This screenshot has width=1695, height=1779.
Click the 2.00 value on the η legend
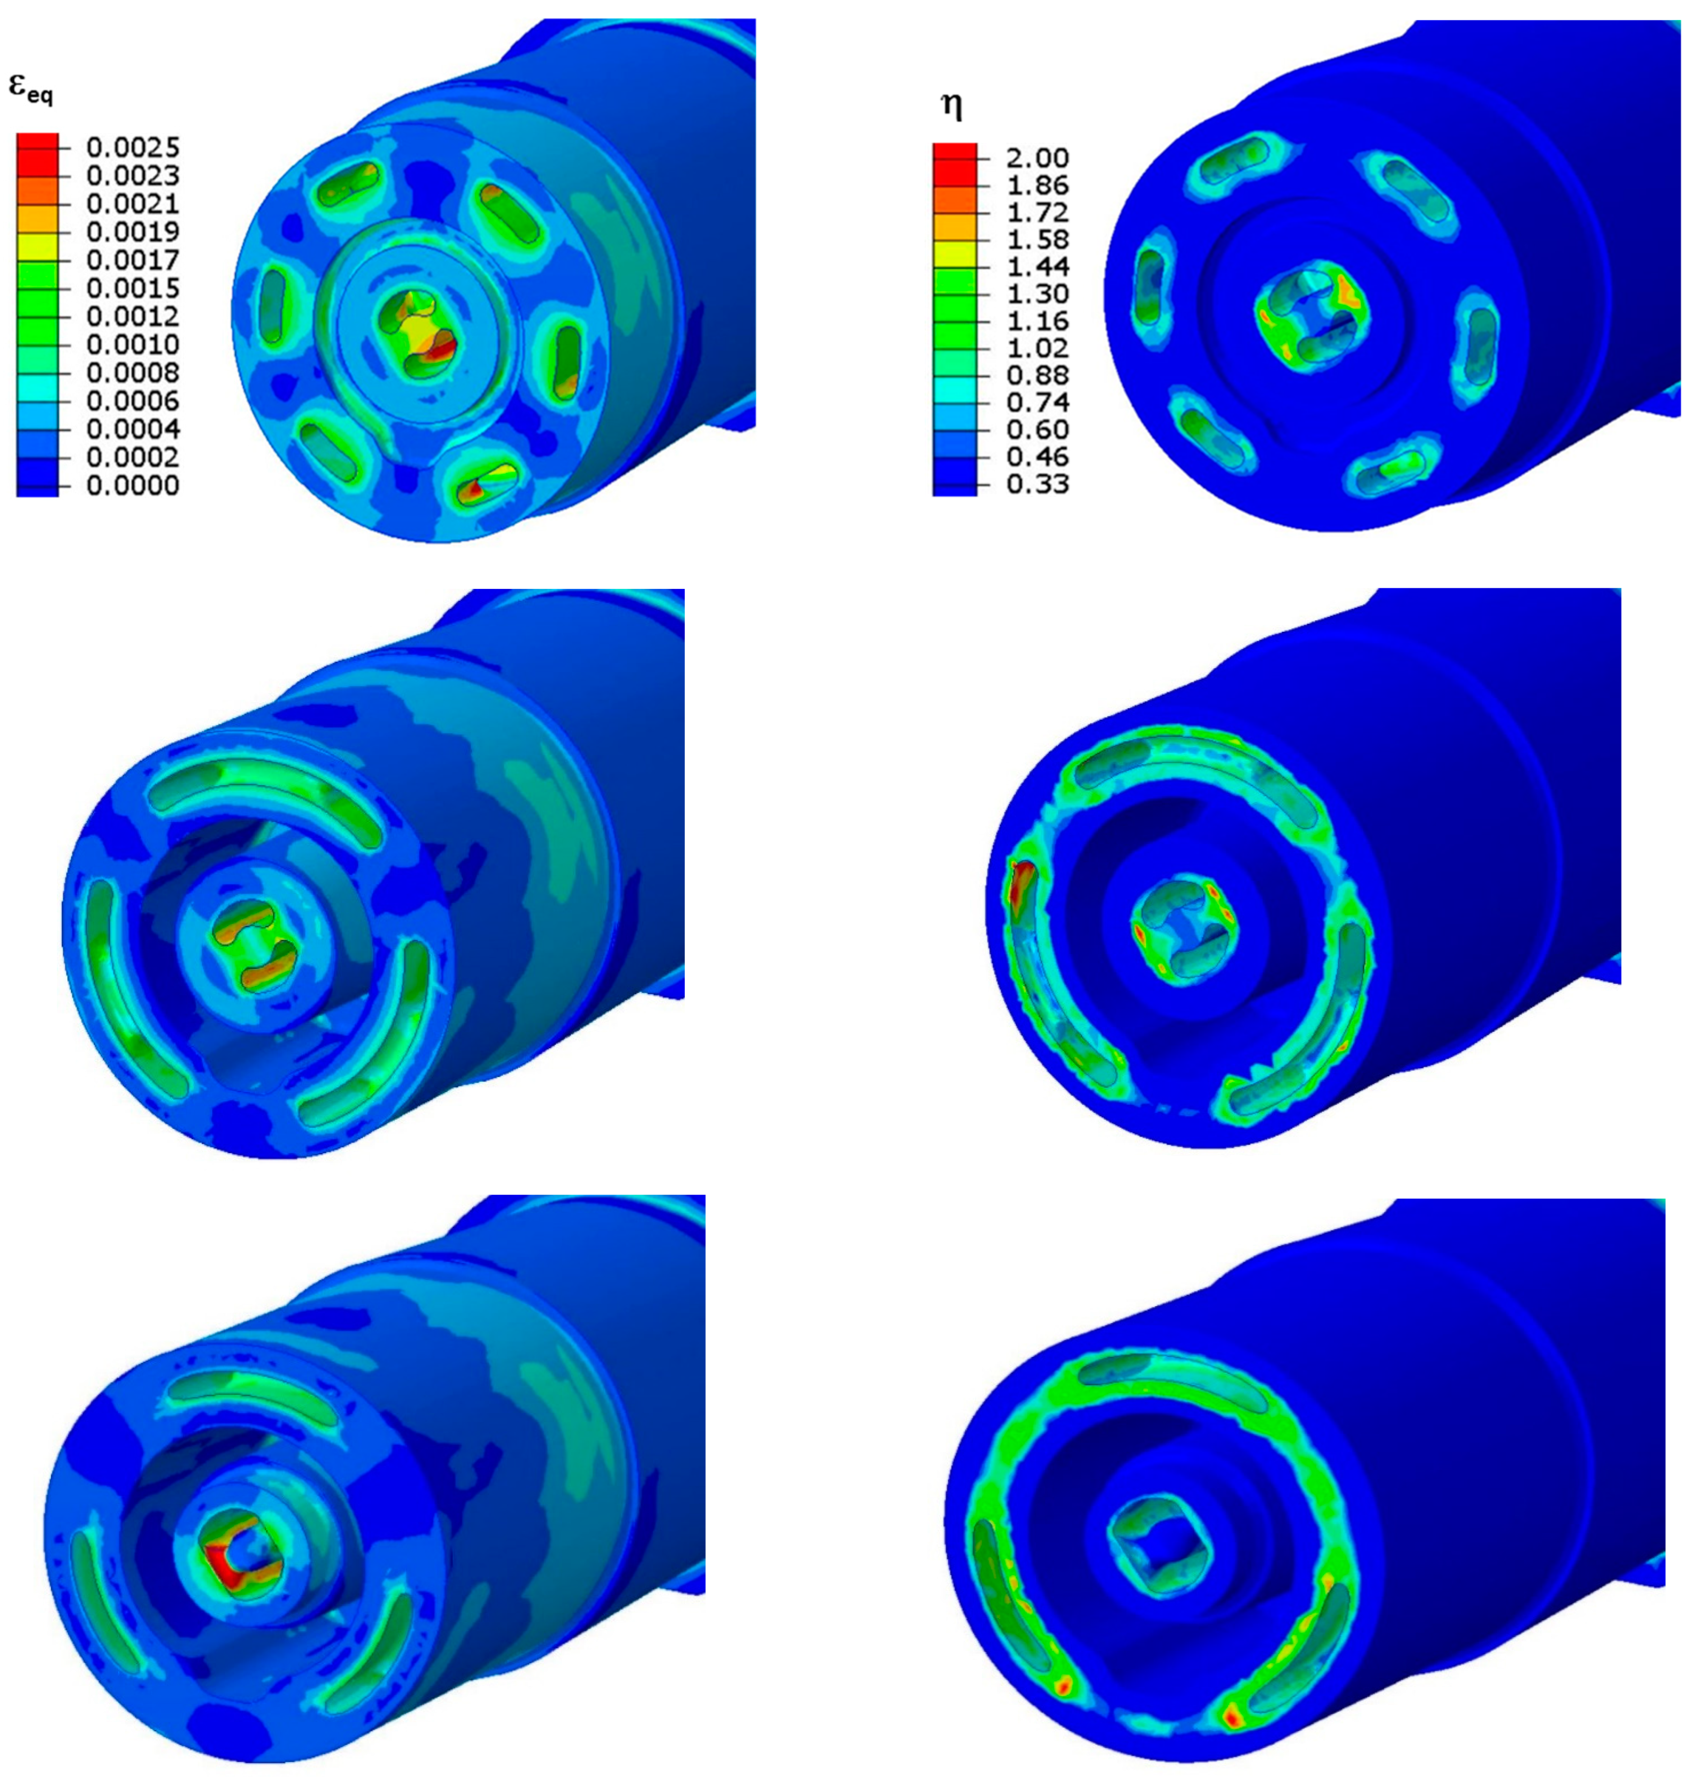(x=1037, y=158)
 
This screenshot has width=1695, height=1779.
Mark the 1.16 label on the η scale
(x=1037, y=321)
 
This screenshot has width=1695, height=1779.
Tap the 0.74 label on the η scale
(x=1037, y=402)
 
